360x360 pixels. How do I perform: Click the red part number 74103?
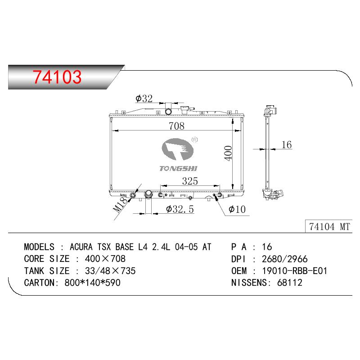(x=57, y=76)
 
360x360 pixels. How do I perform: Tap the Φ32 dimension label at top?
(x=144, y=99)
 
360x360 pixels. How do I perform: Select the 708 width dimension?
(x=176, y=126)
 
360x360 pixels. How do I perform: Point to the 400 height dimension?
(x=228, y=153)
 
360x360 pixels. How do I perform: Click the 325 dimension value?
(x=190, y=181)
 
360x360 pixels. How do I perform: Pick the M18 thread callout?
(x=120, y=205)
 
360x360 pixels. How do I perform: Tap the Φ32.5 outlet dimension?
(x=180, y=209)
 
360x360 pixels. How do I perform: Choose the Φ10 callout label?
(x=237, y=209)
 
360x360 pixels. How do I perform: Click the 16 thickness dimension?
(x=287, y=144)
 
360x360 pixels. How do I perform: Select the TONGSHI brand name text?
(x=178, y=168)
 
